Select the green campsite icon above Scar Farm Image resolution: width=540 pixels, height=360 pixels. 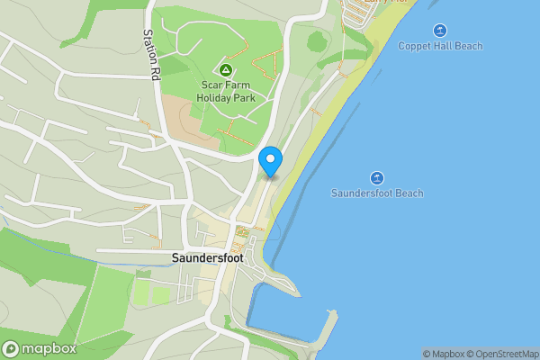click(226, 70)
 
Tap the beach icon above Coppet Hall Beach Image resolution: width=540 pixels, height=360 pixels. click(440, 30)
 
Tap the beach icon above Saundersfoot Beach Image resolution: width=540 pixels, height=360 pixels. click(377, 177)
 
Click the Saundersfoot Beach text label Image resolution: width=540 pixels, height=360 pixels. click(377, 193)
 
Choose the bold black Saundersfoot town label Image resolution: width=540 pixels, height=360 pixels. click(207, 257)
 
